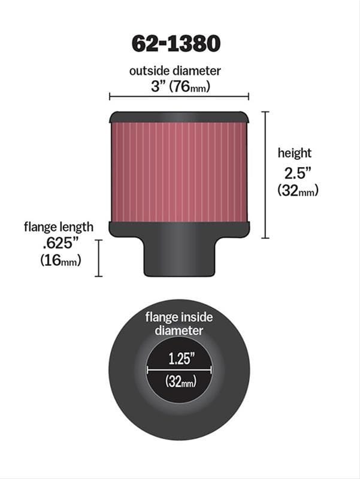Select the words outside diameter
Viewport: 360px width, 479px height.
[x=175, y=71]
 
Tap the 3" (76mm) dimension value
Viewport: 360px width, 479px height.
[x=179, y=86]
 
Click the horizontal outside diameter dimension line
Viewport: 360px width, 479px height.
[x=179, y=96]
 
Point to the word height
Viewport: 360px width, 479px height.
[x=294, y=153]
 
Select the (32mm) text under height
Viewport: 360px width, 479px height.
[x=298, y=190]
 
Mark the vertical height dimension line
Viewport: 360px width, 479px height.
[x=265, y=174]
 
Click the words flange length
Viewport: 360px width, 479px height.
[x=59, y=227]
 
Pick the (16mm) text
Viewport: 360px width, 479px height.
[x=60, y=261]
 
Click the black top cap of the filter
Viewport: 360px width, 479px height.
[x=179, y=117]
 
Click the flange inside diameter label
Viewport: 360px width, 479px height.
[x=179, y=323]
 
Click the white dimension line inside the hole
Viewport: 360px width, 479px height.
[x=179, y=371]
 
